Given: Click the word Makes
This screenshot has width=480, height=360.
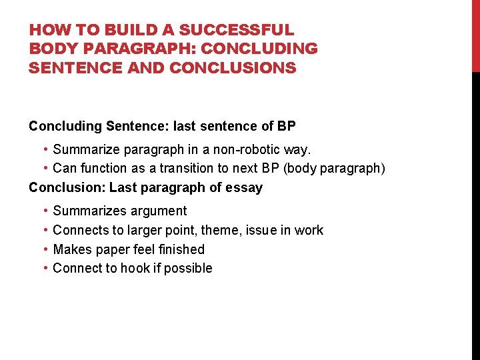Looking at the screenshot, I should [x=71, y=249].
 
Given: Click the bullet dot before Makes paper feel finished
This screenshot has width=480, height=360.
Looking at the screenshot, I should [x=44, y=249].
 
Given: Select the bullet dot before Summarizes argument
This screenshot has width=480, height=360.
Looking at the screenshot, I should [x=44, y=211].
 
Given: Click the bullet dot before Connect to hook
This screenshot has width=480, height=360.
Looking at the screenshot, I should [x=44, y=268].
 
